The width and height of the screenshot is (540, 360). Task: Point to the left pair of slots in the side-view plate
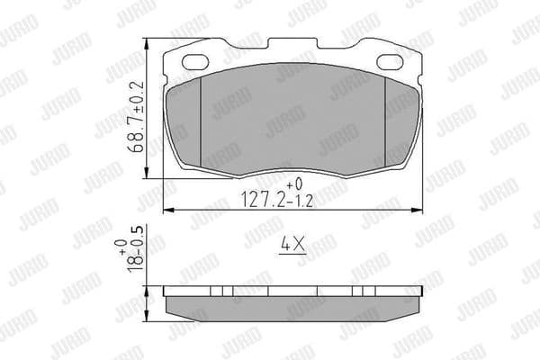tap(222, 292)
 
